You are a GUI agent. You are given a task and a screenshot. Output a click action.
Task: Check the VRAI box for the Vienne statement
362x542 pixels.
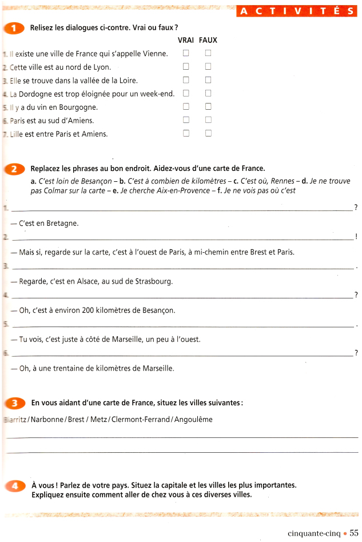(185, 53)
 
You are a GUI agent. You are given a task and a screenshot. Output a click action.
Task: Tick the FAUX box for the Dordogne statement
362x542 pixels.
(208, 93)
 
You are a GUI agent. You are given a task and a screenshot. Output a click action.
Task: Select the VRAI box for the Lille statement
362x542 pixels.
(185, 134)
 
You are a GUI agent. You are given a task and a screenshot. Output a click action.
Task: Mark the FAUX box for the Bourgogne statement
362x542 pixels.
(208, 106)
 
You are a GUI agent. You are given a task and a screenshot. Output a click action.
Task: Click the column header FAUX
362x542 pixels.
(208, 41)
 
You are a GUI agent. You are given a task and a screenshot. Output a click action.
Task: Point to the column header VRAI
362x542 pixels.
(186, 41)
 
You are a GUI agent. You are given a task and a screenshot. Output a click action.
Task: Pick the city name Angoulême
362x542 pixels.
(193, 419)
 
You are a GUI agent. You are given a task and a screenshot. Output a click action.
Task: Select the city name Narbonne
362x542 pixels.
(47, 419)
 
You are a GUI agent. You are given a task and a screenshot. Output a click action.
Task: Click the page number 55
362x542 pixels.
(354, 533)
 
